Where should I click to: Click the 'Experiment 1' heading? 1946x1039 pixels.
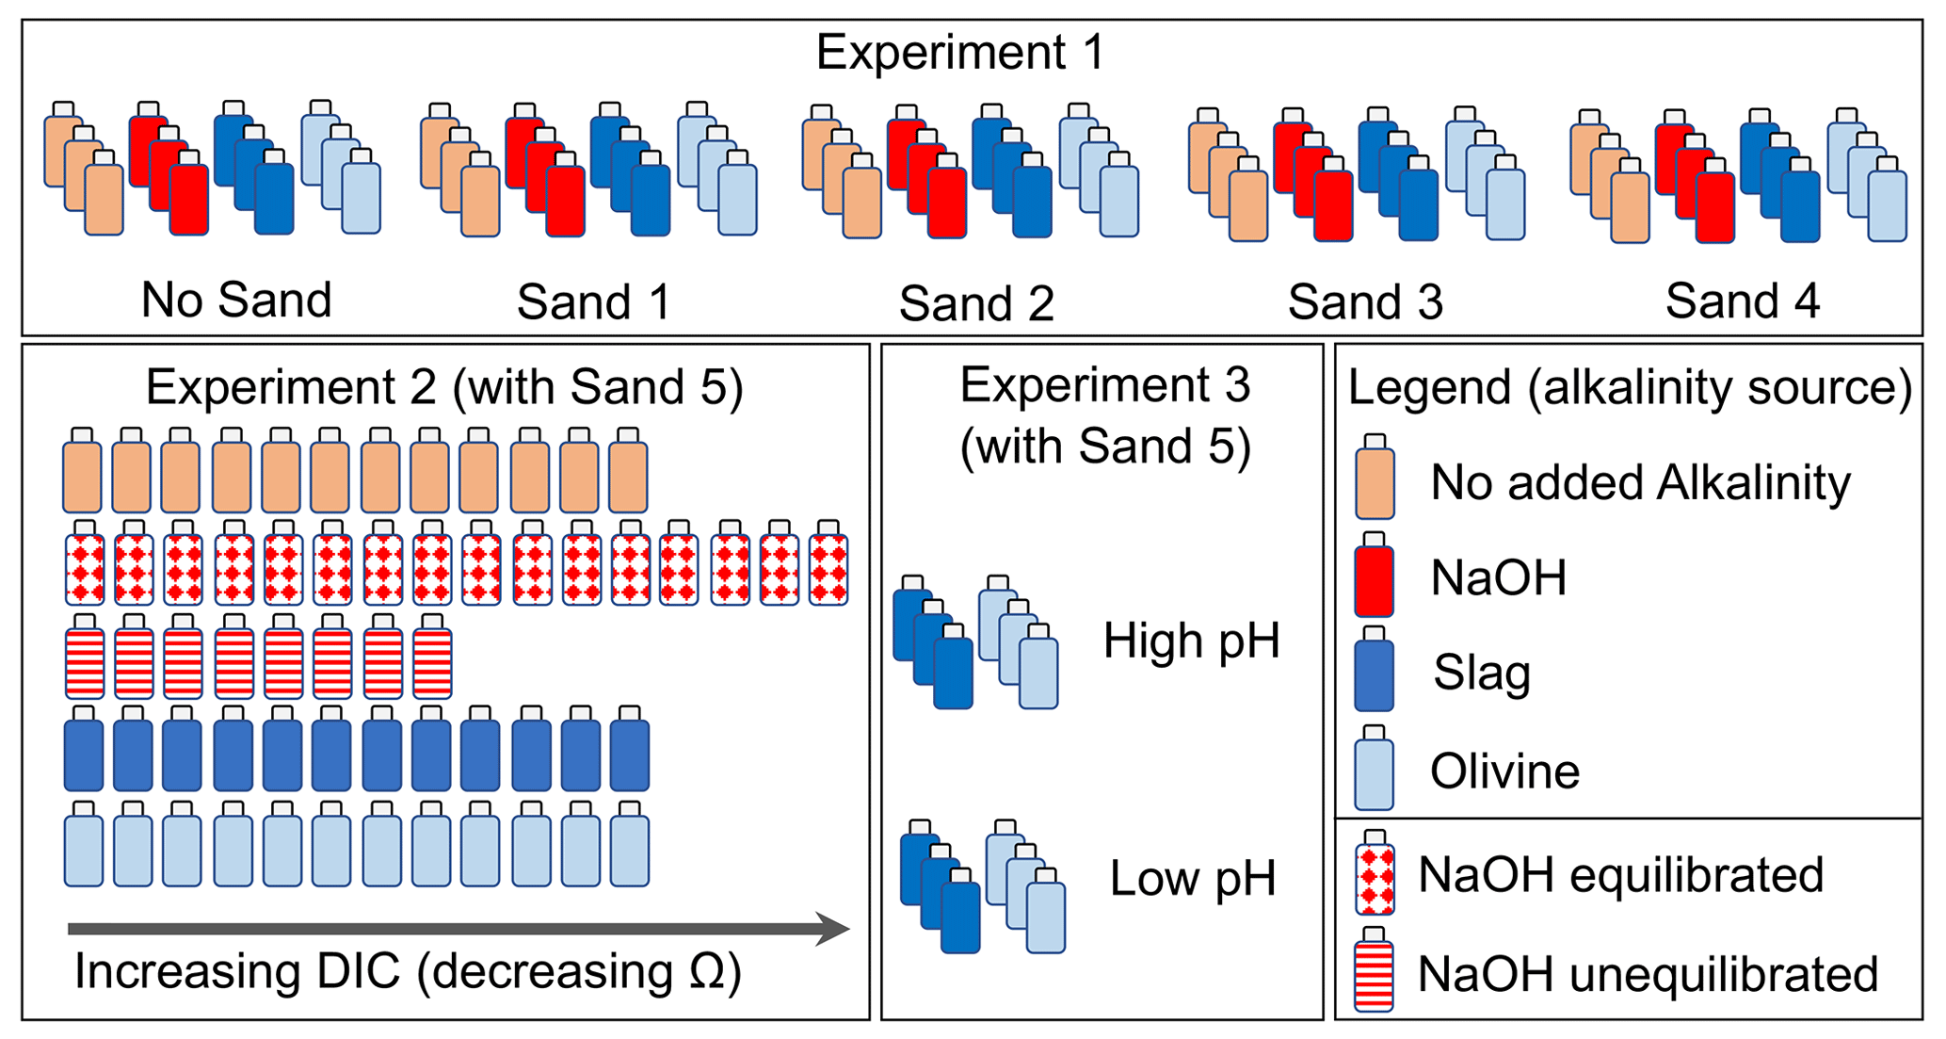click(959, 52)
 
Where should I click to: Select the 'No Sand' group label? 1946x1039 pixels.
click(236, 300)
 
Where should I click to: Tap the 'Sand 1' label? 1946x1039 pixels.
click(593, 302)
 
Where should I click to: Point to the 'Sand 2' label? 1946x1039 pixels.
click(976, 303)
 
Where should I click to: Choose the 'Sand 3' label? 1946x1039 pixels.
click(1365, 302)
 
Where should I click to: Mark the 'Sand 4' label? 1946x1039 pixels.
click(1742, 301)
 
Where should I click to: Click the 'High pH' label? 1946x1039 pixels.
click(1191, 641)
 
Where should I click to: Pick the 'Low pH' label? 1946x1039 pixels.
click(1193, 879)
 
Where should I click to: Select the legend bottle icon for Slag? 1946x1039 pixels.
click(1374, 670)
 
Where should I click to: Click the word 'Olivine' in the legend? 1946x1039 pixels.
click(1504, 771)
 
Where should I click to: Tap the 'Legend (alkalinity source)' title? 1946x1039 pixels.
click(1630, 388)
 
